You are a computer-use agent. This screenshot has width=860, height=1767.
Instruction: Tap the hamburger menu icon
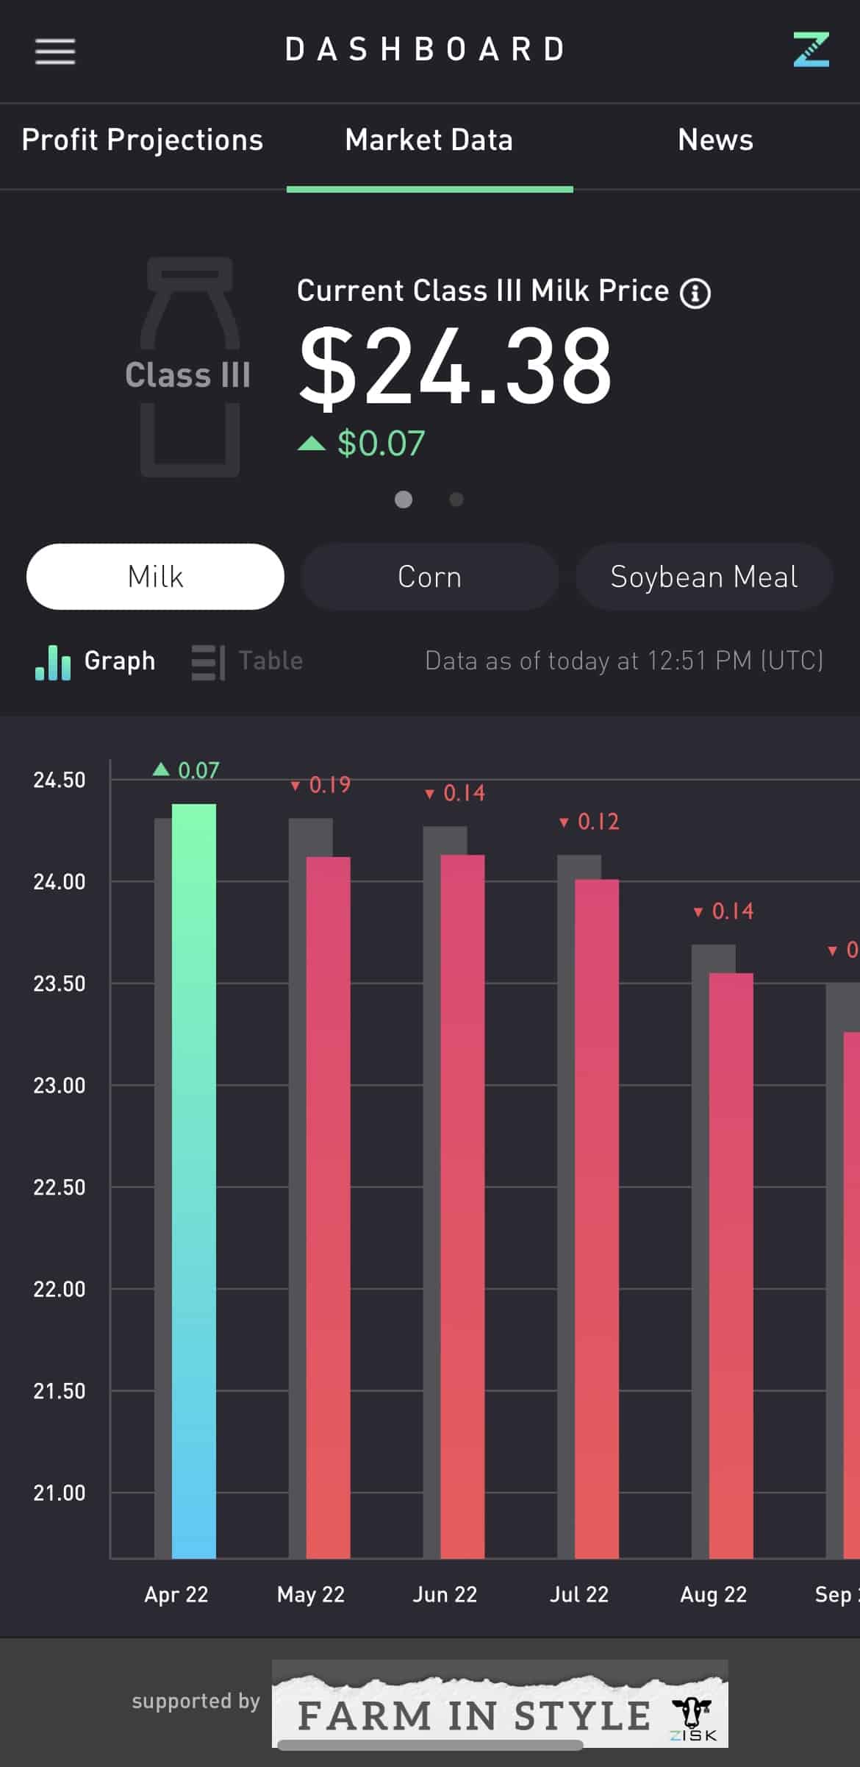(x=55, y=51)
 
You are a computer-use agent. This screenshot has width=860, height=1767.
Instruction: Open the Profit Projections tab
(x=143, y=140)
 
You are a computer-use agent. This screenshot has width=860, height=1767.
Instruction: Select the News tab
(x=715, y=140)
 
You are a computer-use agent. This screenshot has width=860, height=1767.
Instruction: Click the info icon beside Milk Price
(x=695, y=294)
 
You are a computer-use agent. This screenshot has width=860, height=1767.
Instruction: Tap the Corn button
(x=429, y=577)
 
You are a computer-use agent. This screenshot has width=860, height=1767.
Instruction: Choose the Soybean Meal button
(x=703, y=577)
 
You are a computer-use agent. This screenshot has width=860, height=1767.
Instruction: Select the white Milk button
(x=155, y=577)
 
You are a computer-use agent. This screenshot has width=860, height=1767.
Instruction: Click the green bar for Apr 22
(x=194, y=1177)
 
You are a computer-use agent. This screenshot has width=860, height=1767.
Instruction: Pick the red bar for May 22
(x=329, y=1206)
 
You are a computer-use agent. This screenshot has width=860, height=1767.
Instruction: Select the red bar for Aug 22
(x=731, y=1265)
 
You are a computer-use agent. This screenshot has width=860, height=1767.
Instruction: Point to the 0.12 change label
(x=590, y=822)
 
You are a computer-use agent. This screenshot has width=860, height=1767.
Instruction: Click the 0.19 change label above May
(x=321, y=785)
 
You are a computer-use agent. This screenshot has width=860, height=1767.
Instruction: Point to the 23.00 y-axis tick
(x=60, y=1085)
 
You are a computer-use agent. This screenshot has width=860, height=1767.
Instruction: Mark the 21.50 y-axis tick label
(x=60, y=1391)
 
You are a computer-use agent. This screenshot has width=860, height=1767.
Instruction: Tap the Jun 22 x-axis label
(x=445, y=1594)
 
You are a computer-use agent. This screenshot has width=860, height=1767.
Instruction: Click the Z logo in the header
(x=811, y=49)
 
